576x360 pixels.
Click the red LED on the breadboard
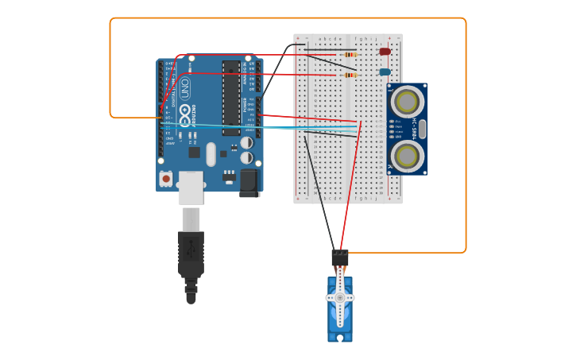[385, 52]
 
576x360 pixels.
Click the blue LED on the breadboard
[385, 72]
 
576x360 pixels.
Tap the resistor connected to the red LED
[350, 55]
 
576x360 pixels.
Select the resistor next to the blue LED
[350, 75]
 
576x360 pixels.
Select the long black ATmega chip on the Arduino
[230, 98]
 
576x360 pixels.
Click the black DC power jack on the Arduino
[249, 182]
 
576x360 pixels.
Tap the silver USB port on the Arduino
[191, 187]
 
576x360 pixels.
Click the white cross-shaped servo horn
[340, 297]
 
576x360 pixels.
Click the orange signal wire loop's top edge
[286, 18]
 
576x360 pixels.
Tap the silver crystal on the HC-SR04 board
[421, 128]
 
